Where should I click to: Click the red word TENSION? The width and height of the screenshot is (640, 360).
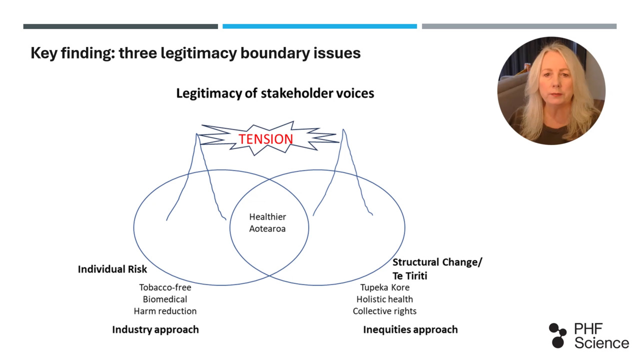(x=265, y=139)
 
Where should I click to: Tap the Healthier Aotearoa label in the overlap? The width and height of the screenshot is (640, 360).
(x=267, y=223)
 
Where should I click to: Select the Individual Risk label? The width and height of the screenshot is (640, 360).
(x=112, y=269)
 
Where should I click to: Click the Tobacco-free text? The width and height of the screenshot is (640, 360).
(x=165, y=287)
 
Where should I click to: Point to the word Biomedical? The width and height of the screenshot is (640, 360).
(x=165, y=299)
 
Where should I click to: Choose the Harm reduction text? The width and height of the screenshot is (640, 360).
(x=165, y=311)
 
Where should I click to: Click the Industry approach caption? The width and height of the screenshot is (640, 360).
(x=155, y=329)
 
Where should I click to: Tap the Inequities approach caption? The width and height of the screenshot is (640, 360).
(x=410, y=329)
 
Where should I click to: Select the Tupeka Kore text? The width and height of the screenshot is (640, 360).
(x=384, y=287)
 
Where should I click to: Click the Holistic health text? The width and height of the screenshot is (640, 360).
(x=384, y=299)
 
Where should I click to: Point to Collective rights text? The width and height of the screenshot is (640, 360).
(x=384, y=311)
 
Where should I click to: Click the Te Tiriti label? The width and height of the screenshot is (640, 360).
(x=409, y=276)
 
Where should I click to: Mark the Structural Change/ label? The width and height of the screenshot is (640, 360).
(x=437, y=262)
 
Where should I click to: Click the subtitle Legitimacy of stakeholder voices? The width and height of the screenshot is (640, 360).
(x=275, y=93)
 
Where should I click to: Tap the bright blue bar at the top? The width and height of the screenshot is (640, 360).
(x=319, y=26)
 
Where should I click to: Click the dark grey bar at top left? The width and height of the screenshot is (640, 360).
(x=120, y=26)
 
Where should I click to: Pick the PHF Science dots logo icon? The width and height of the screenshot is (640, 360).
(x=557, y=335)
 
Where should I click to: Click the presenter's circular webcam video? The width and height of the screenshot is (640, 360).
(x=551, y=91)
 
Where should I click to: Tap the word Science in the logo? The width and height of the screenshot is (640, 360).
(x=601, y=343)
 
